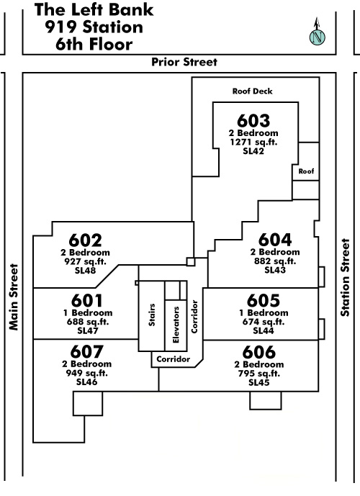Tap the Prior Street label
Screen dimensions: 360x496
(184, 62)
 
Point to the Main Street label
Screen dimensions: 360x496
(14, 297)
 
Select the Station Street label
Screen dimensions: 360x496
(345, 277)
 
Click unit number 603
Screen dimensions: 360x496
(253, 120)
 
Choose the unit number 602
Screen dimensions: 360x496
(86, 240)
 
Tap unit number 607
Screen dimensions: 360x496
(87, 351)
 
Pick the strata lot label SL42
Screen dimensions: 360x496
(253, 151)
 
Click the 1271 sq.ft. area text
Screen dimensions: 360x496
(253, 142)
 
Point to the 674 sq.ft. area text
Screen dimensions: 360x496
(264, 322)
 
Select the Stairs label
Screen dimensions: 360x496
(152, 315)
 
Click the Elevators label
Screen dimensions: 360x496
(176, 325)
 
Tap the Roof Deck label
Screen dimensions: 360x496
(253, 91)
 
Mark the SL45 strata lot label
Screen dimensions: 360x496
(259, 382)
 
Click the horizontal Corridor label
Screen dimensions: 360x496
(174, 359)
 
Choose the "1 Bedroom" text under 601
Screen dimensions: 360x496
(88, 313)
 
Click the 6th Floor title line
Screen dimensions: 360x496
(94, 44)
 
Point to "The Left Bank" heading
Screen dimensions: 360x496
(94, 9)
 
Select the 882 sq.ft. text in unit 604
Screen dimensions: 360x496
(275, 261)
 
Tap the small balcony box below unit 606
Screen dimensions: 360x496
(266, 400)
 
